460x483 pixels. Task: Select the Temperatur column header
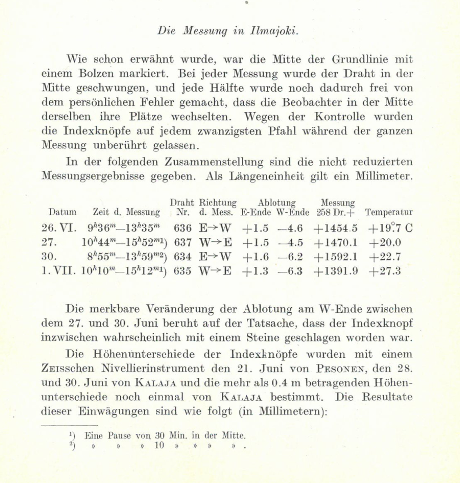tap(389, 212)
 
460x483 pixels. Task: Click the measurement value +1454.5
tap(336, 228)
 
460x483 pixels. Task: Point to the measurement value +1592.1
tap(336, 257)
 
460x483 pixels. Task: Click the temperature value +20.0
tap(385, 243)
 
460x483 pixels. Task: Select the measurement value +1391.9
tap(336, 271)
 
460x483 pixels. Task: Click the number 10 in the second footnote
tap(160, 445)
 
